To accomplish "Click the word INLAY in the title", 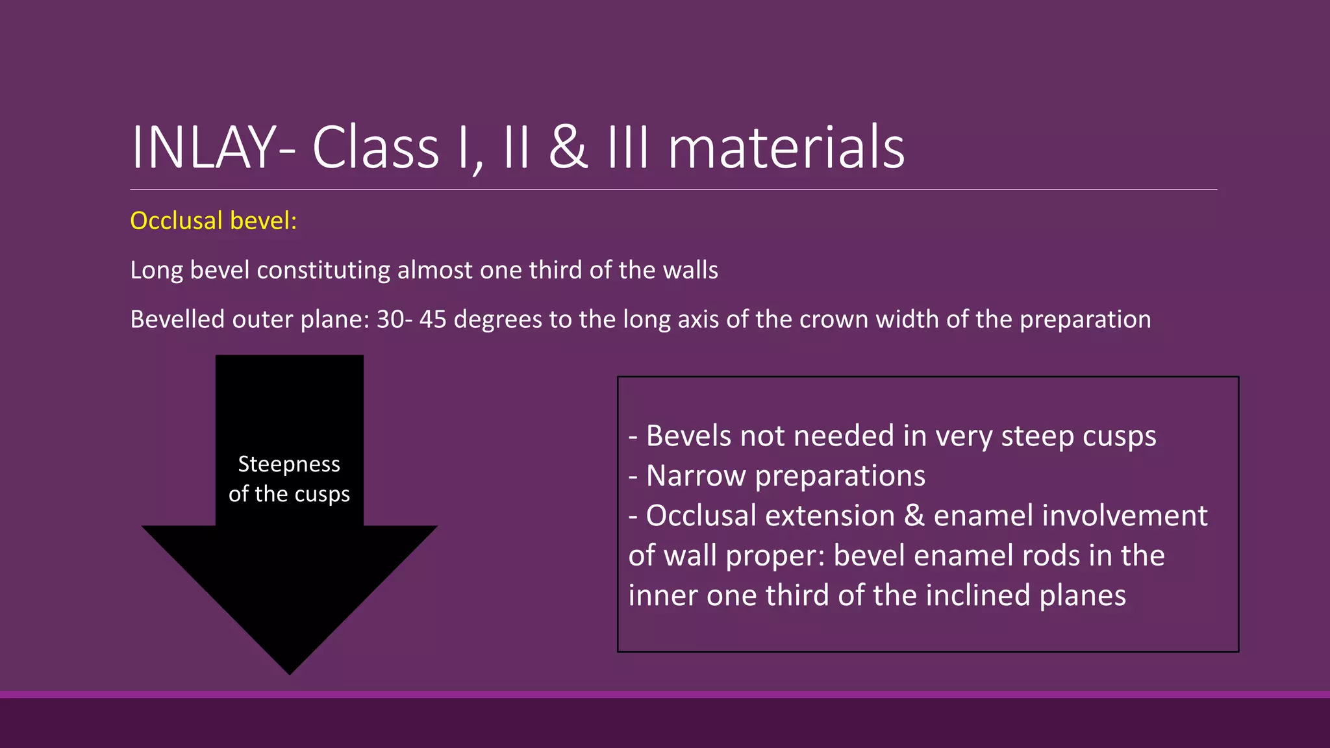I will coord(204,148).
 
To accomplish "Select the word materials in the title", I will coord(786,148).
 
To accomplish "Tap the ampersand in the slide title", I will coord(568,148).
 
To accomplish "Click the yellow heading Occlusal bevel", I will coord(213,221).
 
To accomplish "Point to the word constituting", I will coord(324,270).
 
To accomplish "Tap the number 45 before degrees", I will coord(433,319).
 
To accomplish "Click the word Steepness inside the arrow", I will coord(289,464).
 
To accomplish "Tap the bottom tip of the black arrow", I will coord(290,672).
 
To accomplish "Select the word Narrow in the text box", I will coord(696,476).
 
